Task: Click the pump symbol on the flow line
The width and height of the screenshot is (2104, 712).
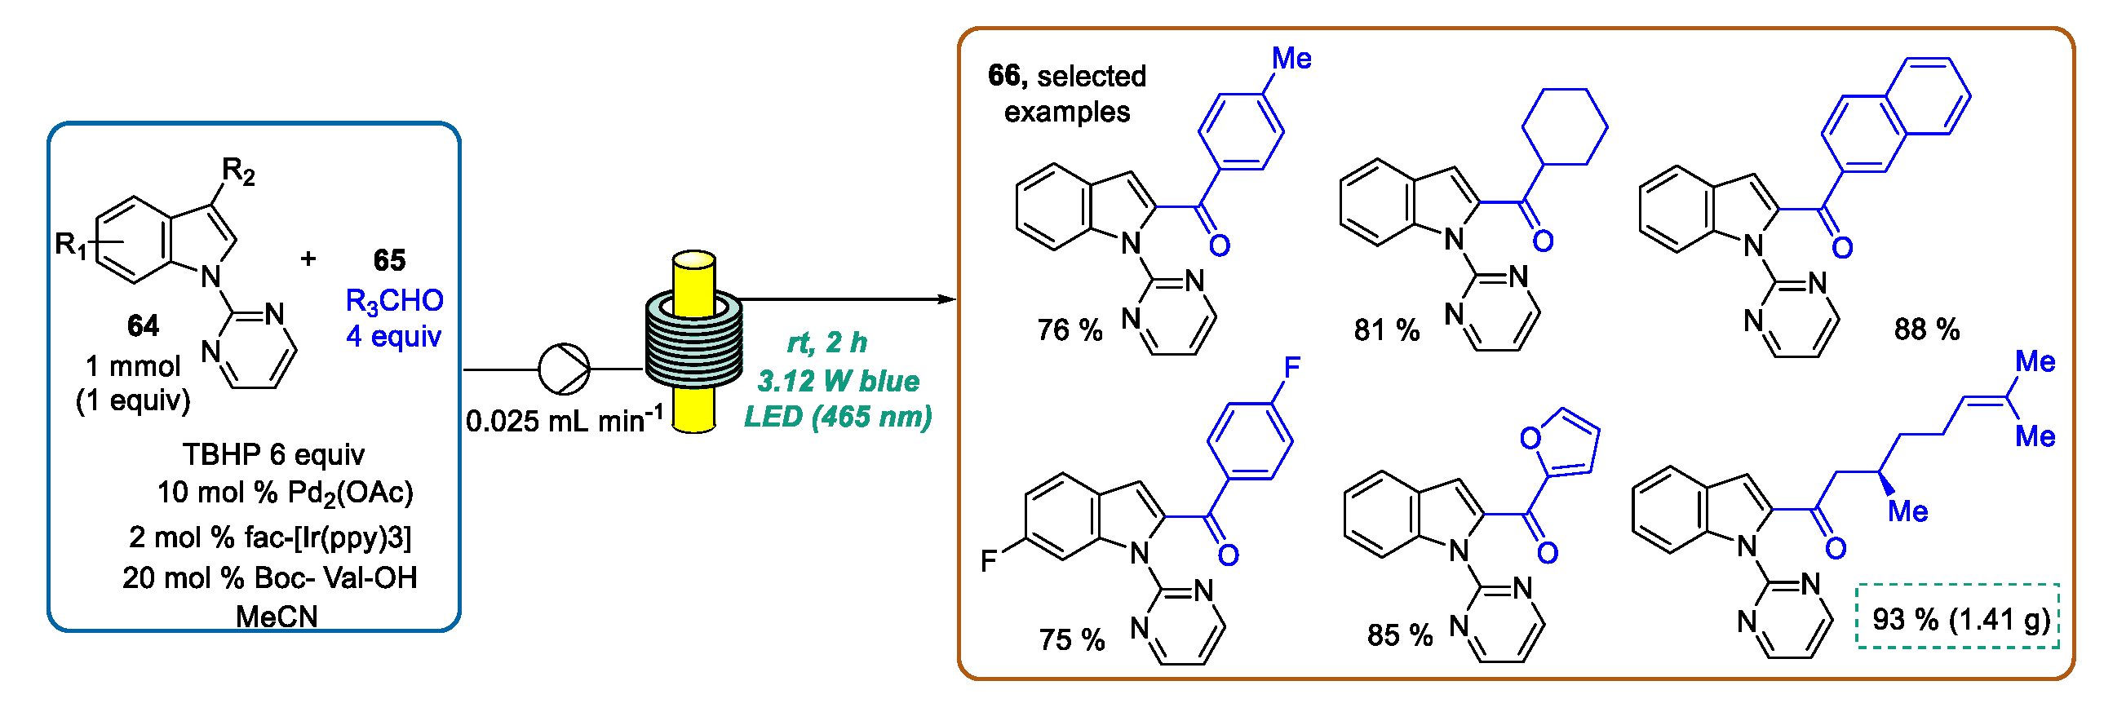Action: click(x=564, y=369)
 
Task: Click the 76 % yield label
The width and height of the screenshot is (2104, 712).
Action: click(x=1070, y=329)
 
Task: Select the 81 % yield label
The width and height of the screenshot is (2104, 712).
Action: click(x=1387, y=329)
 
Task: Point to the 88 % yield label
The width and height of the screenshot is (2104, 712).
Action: click(x=1927, y=329)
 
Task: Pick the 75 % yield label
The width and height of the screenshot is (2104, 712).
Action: click(x=1072, y=639)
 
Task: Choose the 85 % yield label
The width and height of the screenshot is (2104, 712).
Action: click(x=1400, y=635)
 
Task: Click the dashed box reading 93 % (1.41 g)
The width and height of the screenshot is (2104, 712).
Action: click(x=1958, y=617)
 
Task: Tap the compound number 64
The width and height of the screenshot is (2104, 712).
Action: click(x=144, y=325)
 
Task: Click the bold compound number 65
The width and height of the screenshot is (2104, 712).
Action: click(x=390, y=260)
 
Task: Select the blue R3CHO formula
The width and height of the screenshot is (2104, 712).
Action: click(x=395, y=301)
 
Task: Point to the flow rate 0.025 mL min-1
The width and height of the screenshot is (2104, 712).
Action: click(x=565, y=421)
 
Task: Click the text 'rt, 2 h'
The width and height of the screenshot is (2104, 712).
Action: click(x=826, y=343)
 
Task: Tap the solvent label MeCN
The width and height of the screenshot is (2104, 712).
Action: click(x=277, y=617)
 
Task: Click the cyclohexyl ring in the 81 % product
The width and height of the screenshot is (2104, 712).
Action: click(x=1565, y=126)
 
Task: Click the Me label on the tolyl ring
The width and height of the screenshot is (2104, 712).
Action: click(x=1291, y=59)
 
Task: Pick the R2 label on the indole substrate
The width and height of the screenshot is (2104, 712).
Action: click(x=238, y=171)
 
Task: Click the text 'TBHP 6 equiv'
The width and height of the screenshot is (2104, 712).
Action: click(x=273, y=454)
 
